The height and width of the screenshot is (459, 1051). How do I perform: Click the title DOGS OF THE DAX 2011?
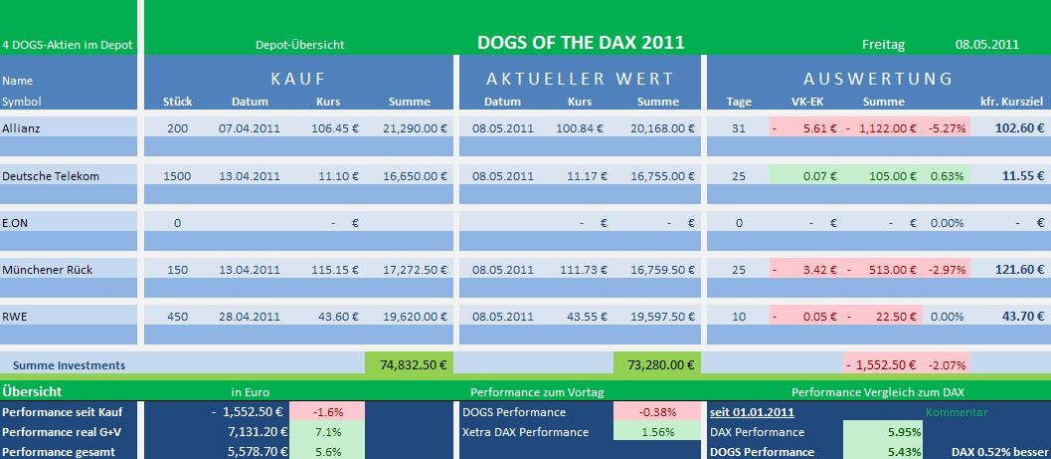[581, 43]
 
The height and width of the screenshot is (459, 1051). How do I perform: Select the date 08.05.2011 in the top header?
[986, 44]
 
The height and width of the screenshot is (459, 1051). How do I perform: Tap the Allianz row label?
[23, 128]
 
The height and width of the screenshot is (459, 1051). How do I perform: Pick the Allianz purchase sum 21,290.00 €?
[414, 128]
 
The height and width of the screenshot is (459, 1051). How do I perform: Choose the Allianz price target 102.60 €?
[1017, 128]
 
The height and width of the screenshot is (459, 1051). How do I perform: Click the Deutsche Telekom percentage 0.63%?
[947, 176]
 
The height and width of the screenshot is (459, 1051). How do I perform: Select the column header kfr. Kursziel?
[1012, 102]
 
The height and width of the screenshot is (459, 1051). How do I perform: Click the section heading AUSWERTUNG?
[878, 79]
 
